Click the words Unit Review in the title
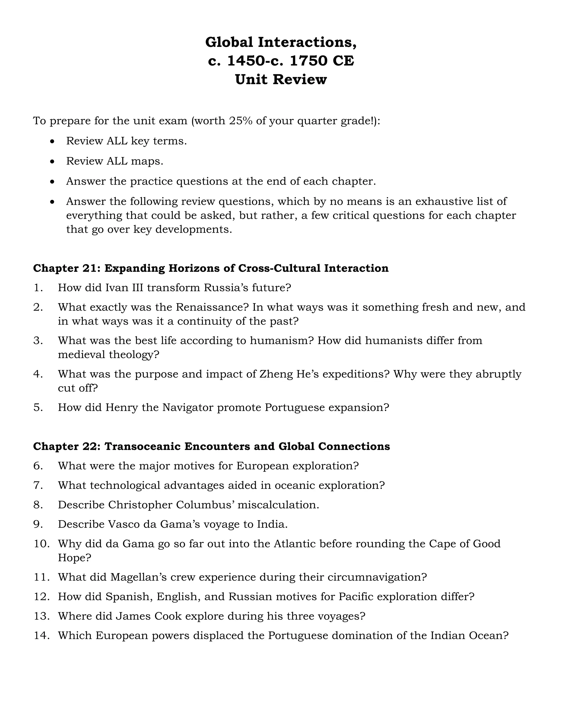[x=281, y=80]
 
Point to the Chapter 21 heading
[x=210, y=268]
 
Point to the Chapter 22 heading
[x=211, y=446]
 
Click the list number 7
[x=38, y=485]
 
